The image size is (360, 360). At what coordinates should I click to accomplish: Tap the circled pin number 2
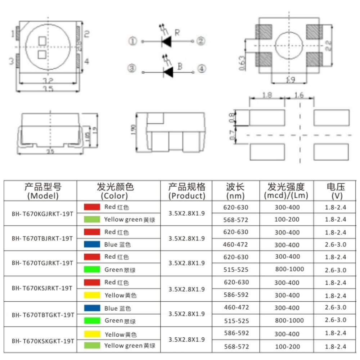click(x=201, y=41)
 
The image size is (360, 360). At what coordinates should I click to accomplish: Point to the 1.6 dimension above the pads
click(x=299, y=95)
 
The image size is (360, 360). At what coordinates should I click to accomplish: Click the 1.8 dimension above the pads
click(x=267, y=95)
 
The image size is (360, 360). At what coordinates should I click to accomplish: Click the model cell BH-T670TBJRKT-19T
click(x=42, y=238)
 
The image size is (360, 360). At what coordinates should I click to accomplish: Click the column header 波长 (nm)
click(x=235, y=191)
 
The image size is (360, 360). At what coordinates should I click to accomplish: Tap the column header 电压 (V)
click(x=336, y=191)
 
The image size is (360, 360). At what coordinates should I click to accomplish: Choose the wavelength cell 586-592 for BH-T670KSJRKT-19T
click(x=236, y=295)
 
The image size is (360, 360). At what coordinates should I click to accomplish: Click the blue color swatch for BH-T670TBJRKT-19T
click(x=92, y=244)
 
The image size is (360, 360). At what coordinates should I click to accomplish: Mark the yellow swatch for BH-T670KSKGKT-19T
click(x=92, y=334)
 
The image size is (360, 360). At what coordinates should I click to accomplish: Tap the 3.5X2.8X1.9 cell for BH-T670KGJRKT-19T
click(x=186, y=213)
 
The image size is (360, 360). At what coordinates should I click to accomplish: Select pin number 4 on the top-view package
click(x=86, y=61)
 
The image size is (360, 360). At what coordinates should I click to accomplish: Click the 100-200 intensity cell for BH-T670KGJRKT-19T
click(x=287, y=220)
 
